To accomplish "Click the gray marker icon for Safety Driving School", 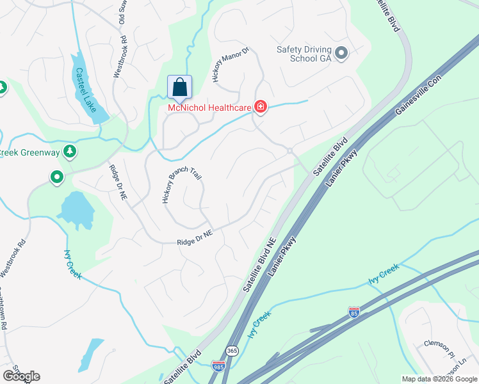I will point(341,53).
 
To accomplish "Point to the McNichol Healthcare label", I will point(209,108).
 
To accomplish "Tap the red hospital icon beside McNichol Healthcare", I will point(260,107).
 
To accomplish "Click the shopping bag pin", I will point(180,88).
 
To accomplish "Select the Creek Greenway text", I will point(30,152).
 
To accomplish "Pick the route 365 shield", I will point(232,351).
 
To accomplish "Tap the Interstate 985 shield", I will point(218,366).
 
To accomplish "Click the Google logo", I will point(21,376).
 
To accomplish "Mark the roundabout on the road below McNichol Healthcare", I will point(290,151).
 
